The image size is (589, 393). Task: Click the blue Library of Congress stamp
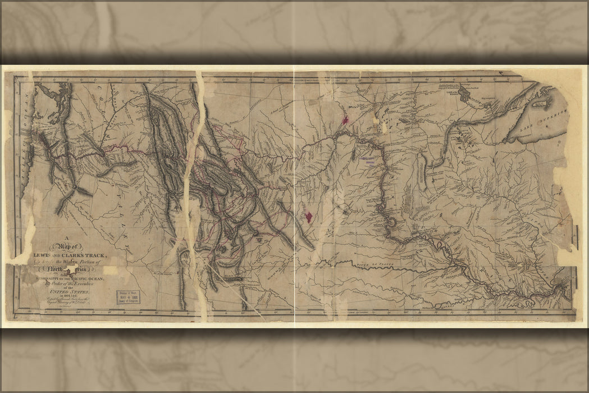tap(129, 296)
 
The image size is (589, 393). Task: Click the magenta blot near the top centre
tap(345, 120)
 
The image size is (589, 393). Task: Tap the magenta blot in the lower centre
tap(308, 216)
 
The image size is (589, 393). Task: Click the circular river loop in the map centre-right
tap(391, 223)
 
